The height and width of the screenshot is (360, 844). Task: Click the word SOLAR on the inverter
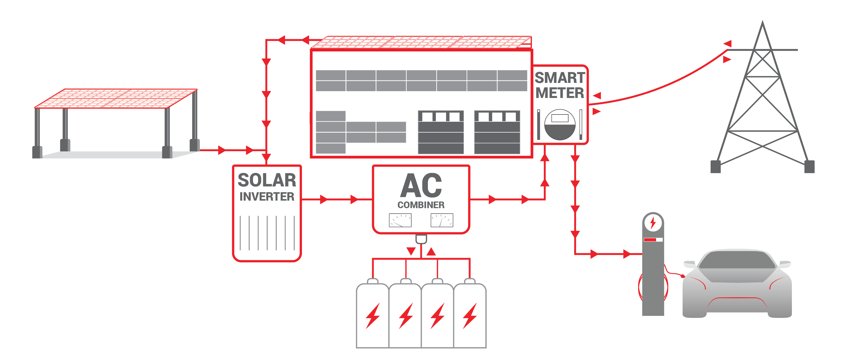(267, 180)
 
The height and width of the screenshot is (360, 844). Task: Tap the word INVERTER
(267, 197)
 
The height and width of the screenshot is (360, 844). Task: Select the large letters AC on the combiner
(421, 185)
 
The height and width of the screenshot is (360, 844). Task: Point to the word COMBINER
(421, 205)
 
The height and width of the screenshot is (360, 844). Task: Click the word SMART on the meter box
(560, 78)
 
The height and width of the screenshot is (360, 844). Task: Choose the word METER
(560, 93)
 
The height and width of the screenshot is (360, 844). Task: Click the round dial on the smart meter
(560, 125)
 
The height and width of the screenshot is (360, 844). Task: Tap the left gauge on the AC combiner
(400, 220)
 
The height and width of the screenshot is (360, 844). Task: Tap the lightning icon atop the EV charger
(653, 223)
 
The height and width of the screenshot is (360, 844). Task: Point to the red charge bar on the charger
(650, 240)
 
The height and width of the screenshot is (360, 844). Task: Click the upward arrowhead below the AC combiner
(431, 251)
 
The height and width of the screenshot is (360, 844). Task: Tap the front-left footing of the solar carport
(37, 152)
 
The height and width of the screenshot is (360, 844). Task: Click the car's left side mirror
(689, 264)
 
